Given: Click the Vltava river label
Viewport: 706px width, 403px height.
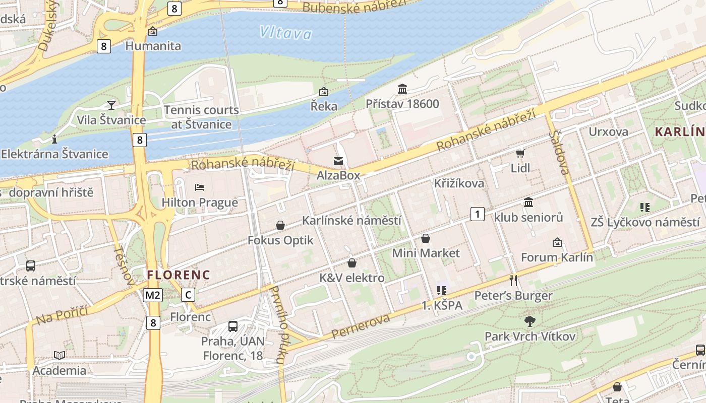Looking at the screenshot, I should coord(286,33).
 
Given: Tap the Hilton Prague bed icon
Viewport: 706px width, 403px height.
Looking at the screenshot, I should coord(200,187).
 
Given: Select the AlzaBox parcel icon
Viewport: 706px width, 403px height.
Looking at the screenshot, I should coord(338,161).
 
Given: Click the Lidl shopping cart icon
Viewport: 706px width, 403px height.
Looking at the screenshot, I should coord(520,153).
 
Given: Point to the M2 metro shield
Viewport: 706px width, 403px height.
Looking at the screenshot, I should coord(153,295).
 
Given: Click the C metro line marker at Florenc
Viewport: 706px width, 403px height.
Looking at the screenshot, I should coord(188,295).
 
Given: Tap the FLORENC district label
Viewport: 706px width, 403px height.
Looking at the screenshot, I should coord(178,275).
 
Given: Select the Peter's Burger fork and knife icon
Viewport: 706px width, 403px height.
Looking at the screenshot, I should coord(513,281).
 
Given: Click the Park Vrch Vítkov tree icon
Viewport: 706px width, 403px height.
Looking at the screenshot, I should coord(529,321).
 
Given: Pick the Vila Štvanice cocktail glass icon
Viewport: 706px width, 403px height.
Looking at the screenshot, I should coord(111,105).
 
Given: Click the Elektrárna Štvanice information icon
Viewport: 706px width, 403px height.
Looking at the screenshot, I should coord(54,139).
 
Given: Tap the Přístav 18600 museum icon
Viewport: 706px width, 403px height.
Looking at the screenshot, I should coord(402,89).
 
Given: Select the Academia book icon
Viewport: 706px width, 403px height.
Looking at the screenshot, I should coord(60,355).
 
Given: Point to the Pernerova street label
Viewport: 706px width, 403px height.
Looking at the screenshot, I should coord(361,326).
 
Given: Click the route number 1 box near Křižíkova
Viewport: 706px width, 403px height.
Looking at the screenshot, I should coord(477,214).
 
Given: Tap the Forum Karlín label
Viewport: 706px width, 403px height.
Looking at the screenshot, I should coord(557,257).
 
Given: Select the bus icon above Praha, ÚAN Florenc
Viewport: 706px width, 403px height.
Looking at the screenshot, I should coord(232,326).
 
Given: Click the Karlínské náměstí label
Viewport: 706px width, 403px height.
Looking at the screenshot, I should coord(351,220).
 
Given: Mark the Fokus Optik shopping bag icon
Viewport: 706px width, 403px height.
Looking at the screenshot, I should coord(280,225).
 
